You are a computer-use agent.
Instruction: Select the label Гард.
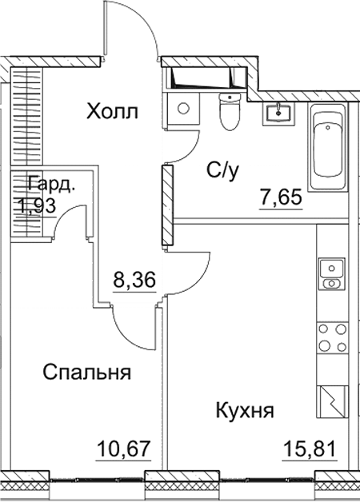click(x=51, y=185)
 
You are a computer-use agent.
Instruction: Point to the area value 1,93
click(x=42, y=207)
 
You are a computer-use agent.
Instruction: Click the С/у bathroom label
click(x=221, y=169)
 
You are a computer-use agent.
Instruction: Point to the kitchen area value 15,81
click(x=309, y=445)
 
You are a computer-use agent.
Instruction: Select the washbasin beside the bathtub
click(x=281, y=113)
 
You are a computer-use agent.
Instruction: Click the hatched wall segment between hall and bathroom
click(x=166, y=205)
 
